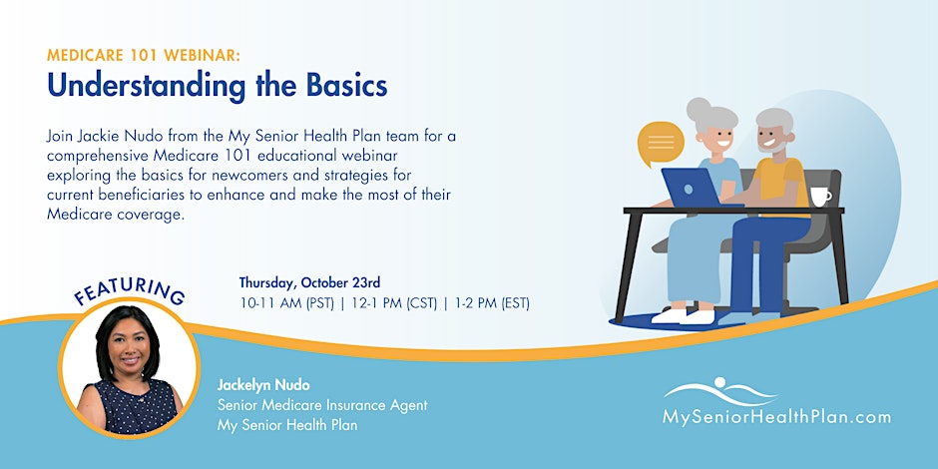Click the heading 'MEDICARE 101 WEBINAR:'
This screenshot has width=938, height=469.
144,56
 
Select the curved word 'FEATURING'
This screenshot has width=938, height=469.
129,290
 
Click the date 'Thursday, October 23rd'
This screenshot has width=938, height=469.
310,281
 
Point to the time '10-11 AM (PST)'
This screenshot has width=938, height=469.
286,303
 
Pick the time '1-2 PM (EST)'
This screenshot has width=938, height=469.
491,303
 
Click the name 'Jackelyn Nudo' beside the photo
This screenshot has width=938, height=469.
263,384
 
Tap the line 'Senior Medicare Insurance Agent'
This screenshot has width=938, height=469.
322,405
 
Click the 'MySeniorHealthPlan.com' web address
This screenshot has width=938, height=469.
776,417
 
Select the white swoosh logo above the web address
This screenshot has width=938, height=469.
720,391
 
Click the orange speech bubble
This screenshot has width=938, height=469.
661,143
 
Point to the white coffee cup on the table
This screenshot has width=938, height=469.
819,197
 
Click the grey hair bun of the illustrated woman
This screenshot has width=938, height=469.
699,109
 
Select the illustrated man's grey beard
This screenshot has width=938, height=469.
772,144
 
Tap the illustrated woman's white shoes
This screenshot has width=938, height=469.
684,316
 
